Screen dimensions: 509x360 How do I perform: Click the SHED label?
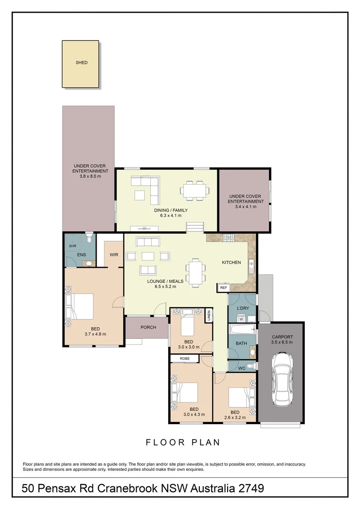pos(82,63)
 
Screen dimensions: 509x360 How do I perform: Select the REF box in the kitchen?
pos(223,287)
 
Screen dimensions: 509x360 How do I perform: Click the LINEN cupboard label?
pos(208,316)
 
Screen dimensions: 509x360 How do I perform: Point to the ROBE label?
pos(184,359)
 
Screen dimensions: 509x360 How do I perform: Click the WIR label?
pos(114,255)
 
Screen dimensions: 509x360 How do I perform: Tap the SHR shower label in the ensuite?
pos(73,246)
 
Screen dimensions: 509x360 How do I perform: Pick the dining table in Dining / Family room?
pos(195,190)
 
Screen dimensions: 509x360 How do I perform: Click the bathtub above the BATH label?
pos(242,329)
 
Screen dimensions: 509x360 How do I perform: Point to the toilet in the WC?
pos(251,366)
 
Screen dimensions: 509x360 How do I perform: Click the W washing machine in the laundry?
pos(241,319)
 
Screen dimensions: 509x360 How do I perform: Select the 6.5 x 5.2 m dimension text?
pos(162,287)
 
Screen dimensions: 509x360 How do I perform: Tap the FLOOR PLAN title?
pos(183,442)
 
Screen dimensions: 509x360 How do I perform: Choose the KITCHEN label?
pos(231,263)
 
